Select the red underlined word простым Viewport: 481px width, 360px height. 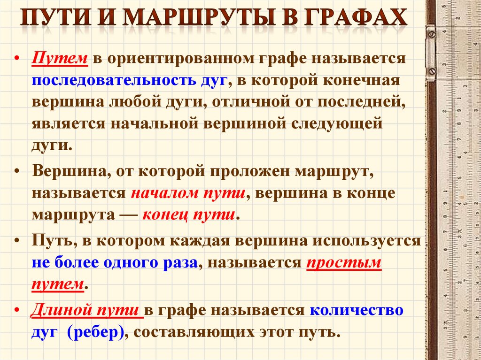click(x=343, y=263)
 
